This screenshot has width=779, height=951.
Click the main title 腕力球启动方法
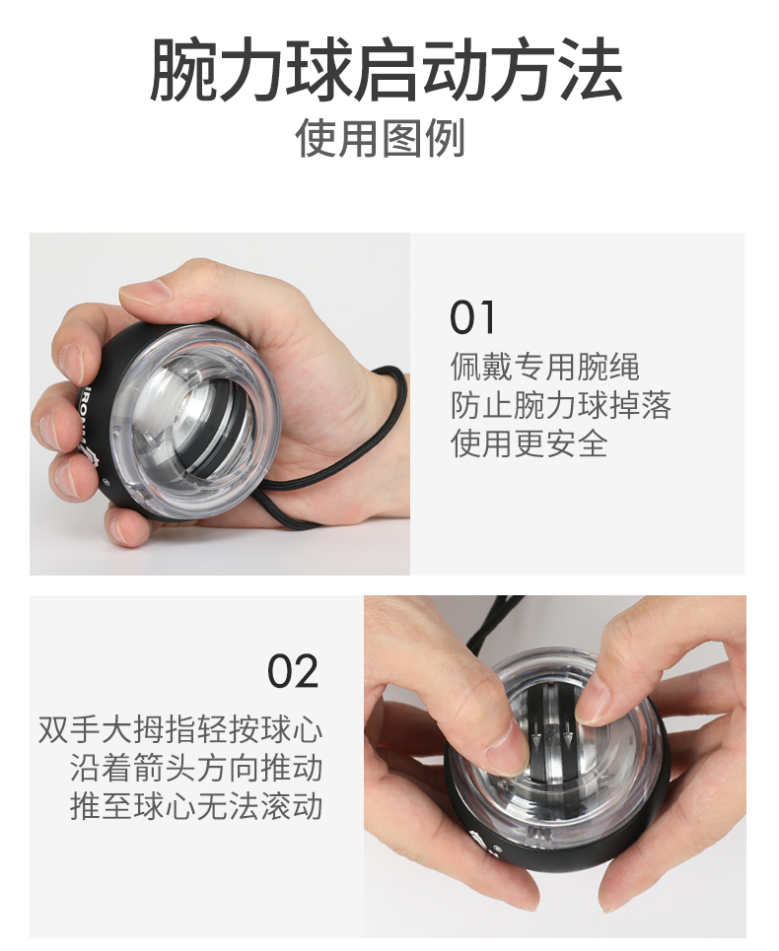(386, 71)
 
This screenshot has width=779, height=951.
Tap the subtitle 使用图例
(381, 139)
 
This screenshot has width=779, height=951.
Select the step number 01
(473, 318)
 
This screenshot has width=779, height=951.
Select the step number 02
(293, 671)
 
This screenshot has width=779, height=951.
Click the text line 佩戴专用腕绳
(545, 368)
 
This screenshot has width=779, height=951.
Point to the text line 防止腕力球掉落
(560, 405)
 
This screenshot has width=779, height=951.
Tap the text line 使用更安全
(529, 442)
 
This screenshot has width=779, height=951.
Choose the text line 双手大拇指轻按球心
(180, 730)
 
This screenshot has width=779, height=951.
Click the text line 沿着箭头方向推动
(196, 768)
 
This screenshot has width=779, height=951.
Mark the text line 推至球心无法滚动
(196, 805)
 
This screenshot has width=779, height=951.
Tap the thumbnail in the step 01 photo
(145, 291)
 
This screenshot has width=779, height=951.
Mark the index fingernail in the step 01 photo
(71, 363)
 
